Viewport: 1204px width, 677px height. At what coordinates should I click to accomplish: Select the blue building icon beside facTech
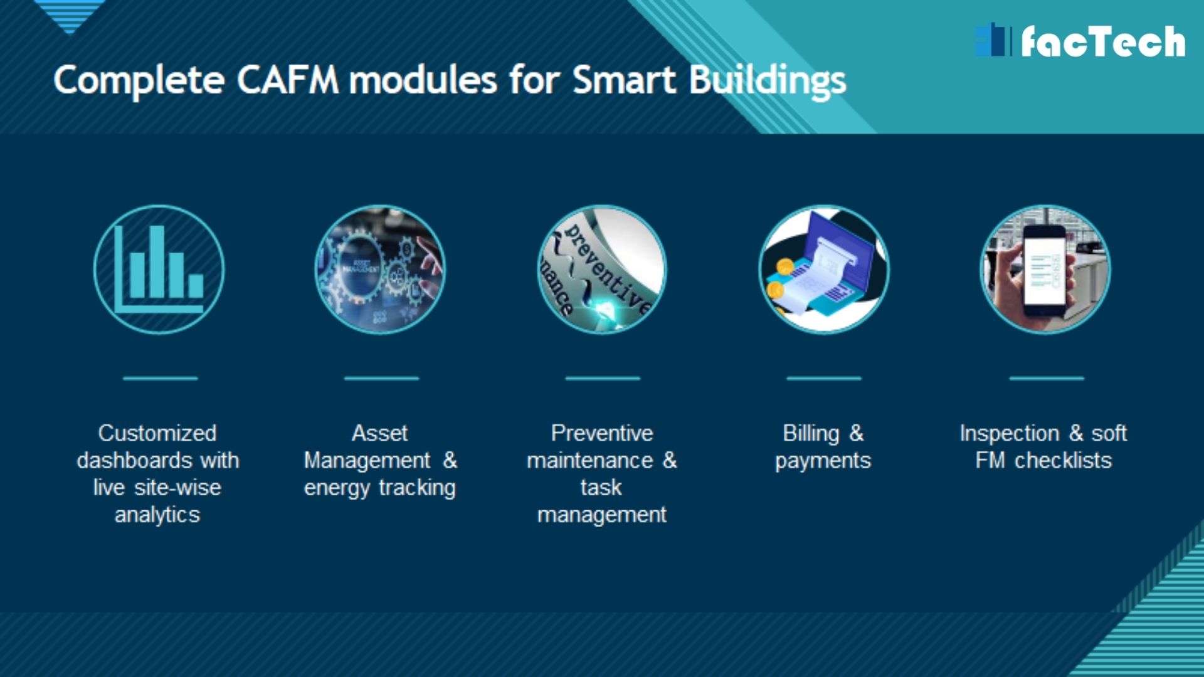(x=993, y=40)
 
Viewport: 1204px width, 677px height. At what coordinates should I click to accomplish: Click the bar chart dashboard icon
(x=159, y=270)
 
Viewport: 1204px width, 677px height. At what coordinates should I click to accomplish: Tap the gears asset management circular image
(x=380, y=270)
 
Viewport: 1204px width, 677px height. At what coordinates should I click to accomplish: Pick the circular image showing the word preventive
(x=602, y=270)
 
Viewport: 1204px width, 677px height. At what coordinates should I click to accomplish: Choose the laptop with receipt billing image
(x=823, y=270)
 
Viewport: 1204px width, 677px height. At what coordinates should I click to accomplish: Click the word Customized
(x=157, y=433)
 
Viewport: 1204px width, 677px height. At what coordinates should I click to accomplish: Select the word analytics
(x=157, y=515)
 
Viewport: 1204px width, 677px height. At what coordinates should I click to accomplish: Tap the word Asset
(x=379, y=433)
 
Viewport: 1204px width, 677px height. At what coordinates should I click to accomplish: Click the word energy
(x=337, y=488)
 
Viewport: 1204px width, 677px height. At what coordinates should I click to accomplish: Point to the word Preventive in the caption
(x=602, y=433)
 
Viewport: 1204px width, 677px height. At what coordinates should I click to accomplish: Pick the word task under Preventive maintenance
(x=601, y=488)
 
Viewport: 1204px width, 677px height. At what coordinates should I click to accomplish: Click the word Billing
(x=811, y=433)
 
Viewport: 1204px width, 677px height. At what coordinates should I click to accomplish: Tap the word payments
(x=823, y=461)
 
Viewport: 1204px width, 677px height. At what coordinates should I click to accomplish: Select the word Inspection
(x=1010, y=434)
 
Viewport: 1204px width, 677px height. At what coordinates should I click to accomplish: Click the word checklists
(x=1063, y=461)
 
